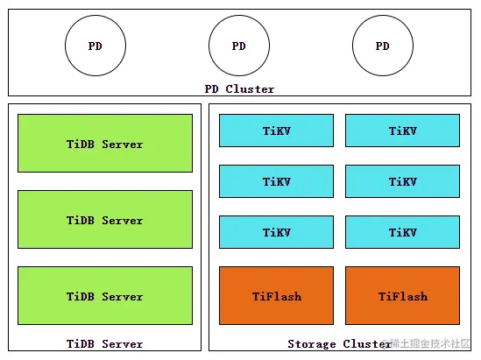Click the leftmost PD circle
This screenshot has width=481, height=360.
[95, 46]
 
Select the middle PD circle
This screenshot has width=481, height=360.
[239, 46]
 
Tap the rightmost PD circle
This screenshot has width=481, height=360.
[383, 46]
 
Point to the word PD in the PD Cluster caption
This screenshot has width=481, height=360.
[212, 88]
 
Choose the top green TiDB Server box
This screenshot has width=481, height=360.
[105, 144]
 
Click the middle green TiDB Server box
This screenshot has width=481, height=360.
[105, 220]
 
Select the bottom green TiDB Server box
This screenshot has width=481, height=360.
[105, 296]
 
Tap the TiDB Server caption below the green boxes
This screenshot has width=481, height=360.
[104, 343]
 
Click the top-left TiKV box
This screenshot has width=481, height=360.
[276, 131]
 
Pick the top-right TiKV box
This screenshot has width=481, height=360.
[402, 131]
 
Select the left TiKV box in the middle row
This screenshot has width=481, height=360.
[276, 181]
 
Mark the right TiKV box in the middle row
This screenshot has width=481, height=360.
[402, 181]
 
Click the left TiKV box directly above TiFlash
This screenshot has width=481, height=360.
[276, 232]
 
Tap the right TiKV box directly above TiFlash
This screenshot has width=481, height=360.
[402, 232]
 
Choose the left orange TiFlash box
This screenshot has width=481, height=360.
[276, 296]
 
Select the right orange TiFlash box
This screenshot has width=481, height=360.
[402, 296]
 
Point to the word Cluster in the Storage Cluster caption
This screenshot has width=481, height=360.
[364, 343]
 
